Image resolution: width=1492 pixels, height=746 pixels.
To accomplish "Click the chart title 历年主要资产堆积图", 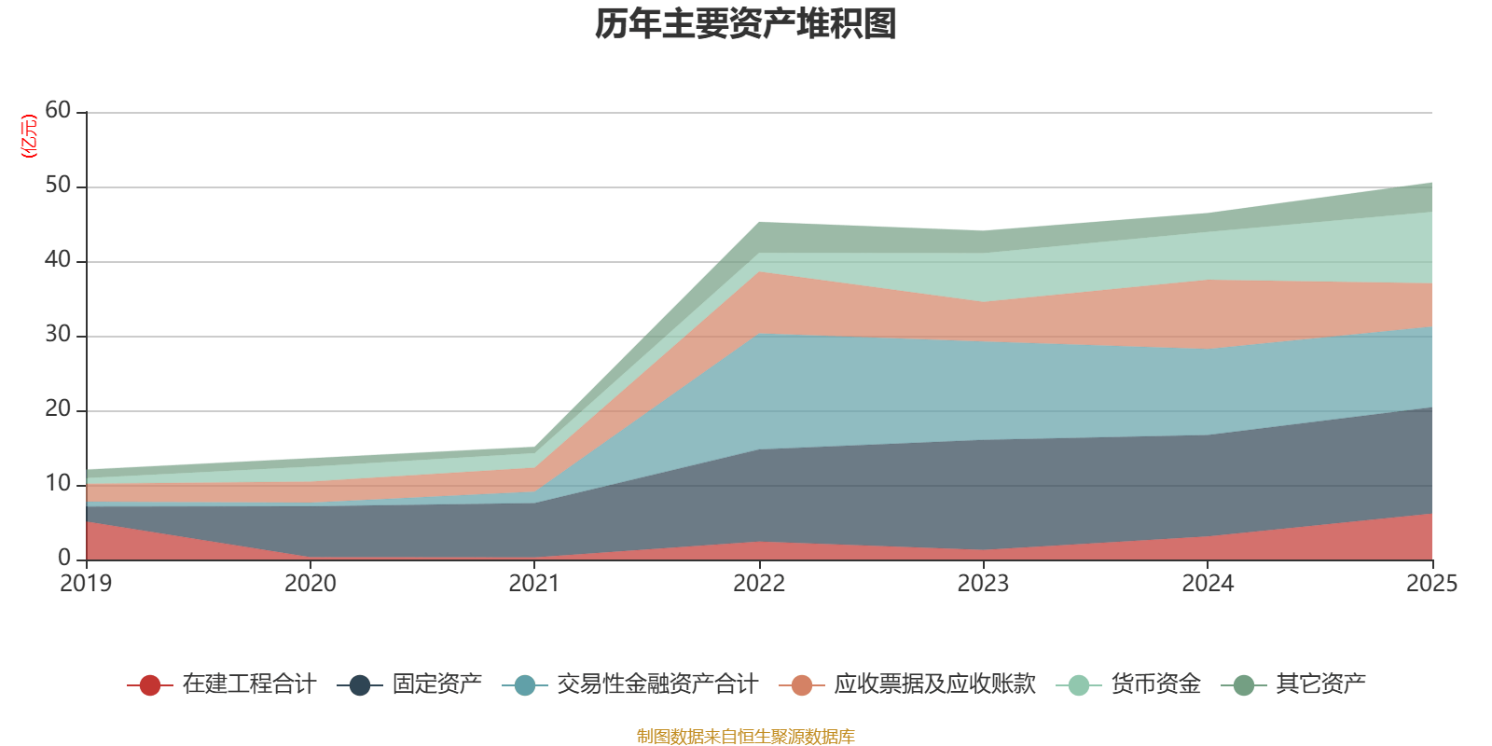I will click(746, 25).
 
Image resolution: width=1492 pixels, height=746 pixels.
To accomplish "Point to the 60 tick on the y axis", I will click(58, 111).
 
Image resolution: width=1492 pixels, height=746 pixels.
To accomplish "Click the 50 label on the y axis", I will click(58, 186).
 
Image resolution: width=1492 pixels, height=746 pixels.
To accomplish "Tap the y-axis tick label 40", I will click(58, 260).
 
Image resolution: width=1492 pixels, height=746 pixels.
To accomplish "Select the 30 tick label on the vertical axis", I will click(58, 335).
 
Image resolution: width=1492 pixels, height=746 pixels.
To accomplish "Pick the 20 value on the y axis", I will click(58, 409).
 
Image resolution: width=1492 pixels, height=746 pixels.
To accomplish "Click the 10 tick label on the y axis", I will click(58, 484).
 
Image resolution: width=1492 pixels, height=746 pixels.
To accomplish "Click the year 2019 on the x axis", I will click(86, 584).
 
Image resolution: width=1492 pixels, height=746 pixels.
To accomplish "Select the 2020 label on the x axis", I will click(311, 584).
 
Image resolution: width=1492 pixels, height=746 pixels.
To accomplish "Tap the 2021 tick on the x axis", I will click(534, 584).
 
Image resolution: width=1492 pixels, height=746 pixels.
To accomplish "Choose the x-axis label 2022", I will click(759, 584).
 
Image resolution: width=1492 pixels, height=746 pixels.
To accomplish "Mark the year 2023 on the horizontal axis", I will click(983, 584).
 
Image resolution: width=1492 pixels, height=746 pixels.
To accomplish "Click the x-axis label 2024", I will click(1208, 584).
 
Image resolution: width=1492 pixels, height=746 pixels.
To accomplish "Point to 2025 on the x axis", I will click(1431, 584).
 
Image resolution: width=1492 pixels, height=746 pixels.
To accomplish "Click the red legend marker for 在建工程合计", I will click(149, 685).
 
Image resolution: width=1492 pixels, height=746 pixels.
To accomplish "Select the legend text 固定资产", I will click(437, 684).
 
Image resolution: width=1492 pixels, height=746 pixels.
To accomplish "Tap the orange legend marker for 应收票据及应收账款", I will click(802, 685).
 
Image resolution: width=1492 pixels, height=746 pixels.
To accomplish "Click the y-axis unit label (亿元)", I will click(29, 136).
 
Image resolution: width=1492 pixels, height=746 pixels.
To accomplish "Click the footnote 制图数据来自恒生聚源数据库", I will click(746, 737).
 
